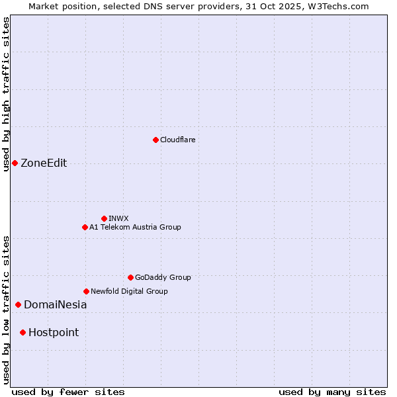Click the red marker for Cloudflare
(155, 140)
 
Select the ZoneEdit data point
(15, 163)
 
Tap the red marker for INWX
(105, 218)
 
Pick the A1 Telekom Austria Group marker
(85, 227)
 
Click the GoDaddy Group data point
(130, 277)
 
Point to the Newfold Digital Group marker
(86, 291)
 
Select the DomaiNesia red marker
(18, 305)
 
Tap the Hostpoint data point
(22, 332)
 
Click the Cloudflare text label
(177, 140)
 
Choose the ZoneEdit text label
(44, 163)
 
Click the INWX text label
(118, 218)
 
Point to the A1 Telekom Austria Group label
(135, 227)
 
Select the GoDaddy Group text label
(163, 277)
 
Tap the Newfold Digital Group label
(129, 291)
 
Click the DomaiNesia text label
(55, 305)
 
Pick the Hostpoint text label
(54, 332)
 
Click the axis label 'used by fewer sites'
(68, 392)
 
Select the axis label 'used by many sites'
(332, 392)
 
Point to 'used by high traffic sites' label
(6, 94)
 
